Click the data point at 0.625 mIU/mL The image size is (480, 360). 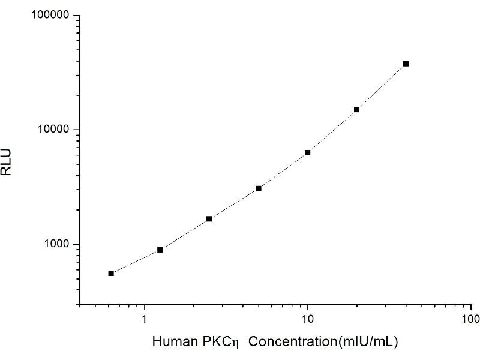pos(111,273)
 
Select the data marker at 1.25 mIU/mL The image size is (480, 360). pos(160,250)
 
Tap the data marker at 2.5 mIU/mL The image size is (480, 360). pos(209,218)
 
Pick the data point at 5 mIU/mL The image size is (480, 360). pos(259,188)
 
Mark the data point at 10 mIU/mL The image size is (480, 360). pos(308,152)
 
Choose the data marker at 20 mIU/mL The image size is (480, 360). pos(357,109)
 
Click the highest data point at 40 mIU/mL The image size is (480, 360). pos(406,64)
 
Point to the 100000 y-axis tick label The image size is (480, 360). pos(50,16)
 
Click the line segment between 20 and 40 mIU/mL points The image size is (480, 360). pos(382,86)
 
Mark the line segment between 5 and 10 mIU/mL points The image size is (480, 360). pos(283,171)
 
